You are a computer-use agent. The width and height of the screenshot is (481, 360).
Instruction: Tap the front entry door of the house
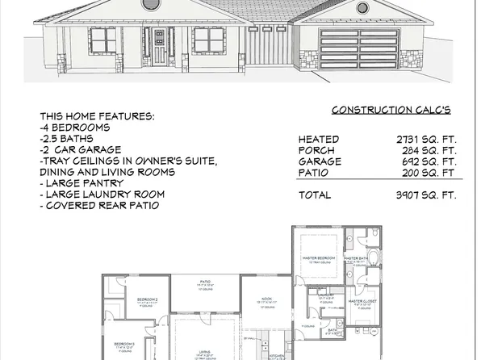click(x=159, y=47)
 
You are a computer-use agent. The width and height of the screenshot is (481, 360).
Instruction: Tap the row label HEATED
click(x=318, y=140)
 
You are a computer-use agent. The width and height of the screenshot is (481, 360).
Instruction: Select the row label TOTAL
click(x=315, y=195)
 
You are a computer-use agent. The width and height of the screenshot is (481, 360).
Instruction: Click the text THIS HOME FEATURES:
click(x=97, y=116)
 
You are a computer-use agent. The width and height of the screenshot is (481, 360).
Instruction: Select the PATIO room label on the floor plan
click(x=204, y=283)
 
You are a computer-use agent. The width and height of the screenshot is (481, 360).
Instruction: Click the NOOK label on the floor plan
click(x=266, y=299)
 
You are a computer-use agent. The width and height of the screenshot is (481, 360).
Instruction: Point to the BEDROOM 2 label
click(x=148, y=299)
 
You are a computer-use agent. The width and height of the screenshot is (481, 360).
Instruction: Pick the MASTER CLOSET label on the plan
click(x=364, y=300)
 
